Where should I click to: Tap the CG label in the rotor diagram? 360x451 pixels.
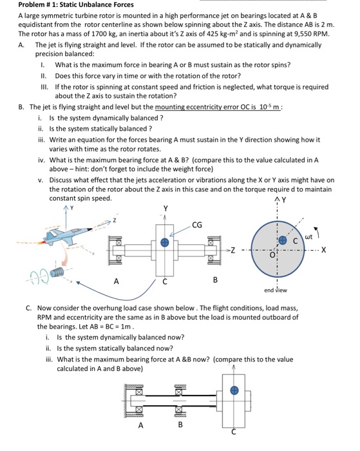(x=196, y=225)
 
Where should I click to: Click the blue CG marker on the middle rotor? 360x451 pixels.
(x=166, y=242)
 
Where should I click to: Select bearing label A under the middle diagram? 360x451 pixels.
(x=117, y=281)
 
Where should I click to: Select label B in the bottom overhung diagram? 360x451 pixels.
(x=180, y=425)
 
